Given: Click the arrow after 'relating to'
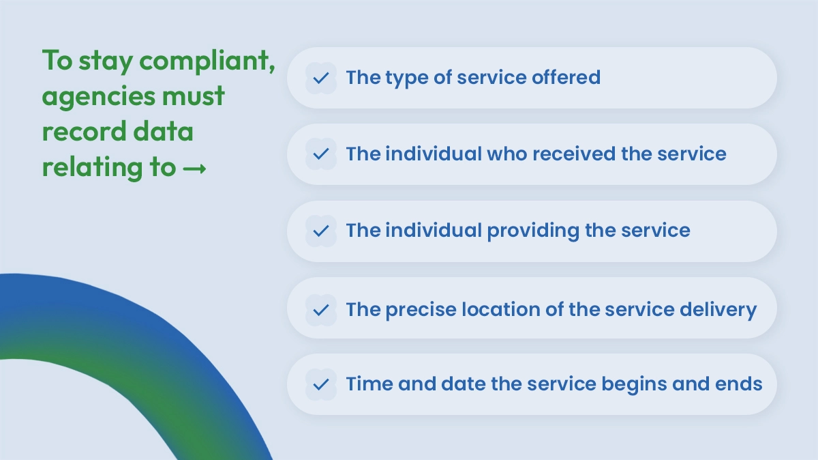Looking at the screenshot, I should point(195,167).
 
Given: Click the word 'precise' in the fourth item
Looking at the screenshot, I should point(421,310).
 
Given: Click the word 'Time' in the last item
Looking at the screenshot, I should point(367,384).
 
